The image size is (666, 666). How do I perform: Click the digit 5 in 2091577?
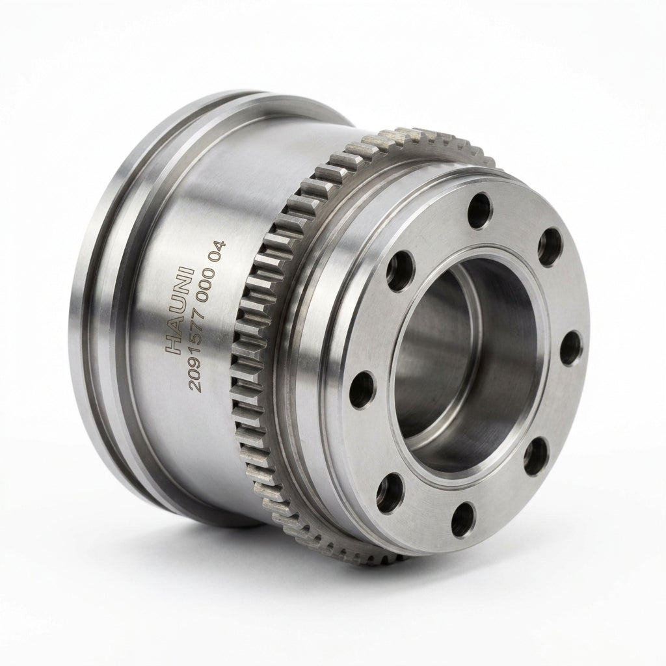coord(205,333)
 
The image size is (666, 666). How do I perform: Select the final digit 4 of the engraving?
coord(220,245)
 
